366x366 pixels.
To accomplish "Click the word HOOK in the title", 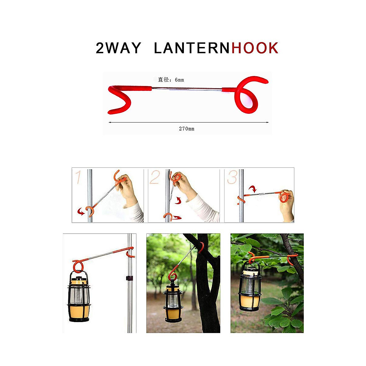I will pyautogui.click(x=255, y=48).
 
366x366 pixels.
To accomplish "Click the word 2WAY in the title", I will pyautogui.click(x=118, y=48).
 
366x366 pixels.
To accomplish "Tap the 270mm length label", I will pyautogui.click(x=186, y=129).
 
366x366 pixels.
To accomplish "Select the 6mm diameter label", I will pyautogui.click(x=171, y=80).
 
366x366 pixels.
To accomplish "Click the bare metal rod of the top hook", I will pyautogui.click(x=186, y=89).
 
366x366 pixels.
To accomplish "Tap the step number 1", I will pyautogui.click(x=78, y=178).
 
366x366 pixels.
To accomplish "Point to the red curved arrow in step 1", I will pyautogui.click(x=81, y=211).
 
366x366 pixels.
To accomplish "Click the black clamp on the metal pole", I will pyautogui.click(x=130, y=278).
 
